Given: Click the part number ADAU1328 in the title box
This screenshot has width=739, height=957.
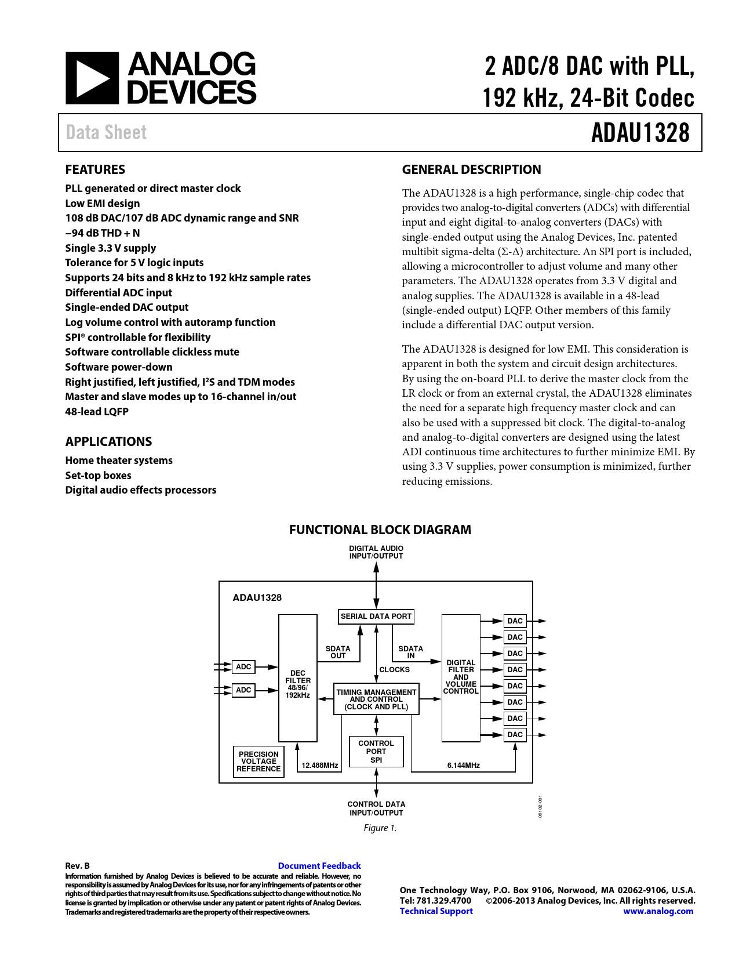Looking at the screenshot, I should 640,133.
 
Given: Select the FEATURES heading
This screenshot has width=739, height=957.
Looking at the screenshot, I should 95,169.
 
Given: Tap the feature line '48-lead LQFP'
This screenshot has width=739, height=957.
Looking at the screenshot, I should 97,412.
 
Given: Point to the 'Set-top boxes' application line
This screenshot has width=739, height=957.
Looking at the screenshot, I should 98,476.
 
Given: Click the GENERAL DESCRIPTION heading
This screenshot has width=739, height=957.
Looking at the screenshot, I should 471,169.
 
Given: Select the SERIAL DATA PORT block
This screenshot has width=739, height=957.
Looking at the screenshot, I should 376,617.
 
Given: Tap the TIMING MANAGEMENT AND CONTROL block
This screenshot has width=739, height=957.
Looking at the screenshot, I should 376,699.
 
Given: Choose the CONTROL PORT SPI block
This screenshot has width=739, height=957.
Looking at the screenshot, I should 376,752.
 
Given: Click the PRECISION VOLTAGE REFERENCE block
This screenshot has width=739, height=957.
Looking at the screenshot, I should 259,762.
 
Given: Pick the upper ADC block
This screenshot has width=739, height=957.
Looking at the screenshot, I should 243,667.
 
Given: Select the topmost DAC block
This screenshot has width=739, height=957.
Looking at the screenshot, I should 515,621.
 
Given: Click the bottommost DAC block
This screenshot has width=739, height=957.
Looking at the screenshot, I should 515,735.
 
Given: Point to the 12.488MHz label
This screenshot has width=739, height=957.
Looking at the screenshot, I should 319,766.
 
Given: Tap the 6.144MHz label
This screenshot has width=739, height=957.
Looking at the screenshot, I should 463,766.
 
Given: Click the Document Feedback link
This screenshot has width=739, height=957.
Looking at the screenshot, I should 319,866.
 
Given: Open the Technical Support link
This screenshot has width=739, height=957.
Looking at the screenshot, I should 436,911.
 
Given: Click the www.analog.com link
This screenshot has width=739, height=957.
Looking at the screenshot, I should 658,911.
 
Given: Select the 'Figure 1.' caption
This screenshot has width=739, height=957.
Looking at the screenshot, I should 380,828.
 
